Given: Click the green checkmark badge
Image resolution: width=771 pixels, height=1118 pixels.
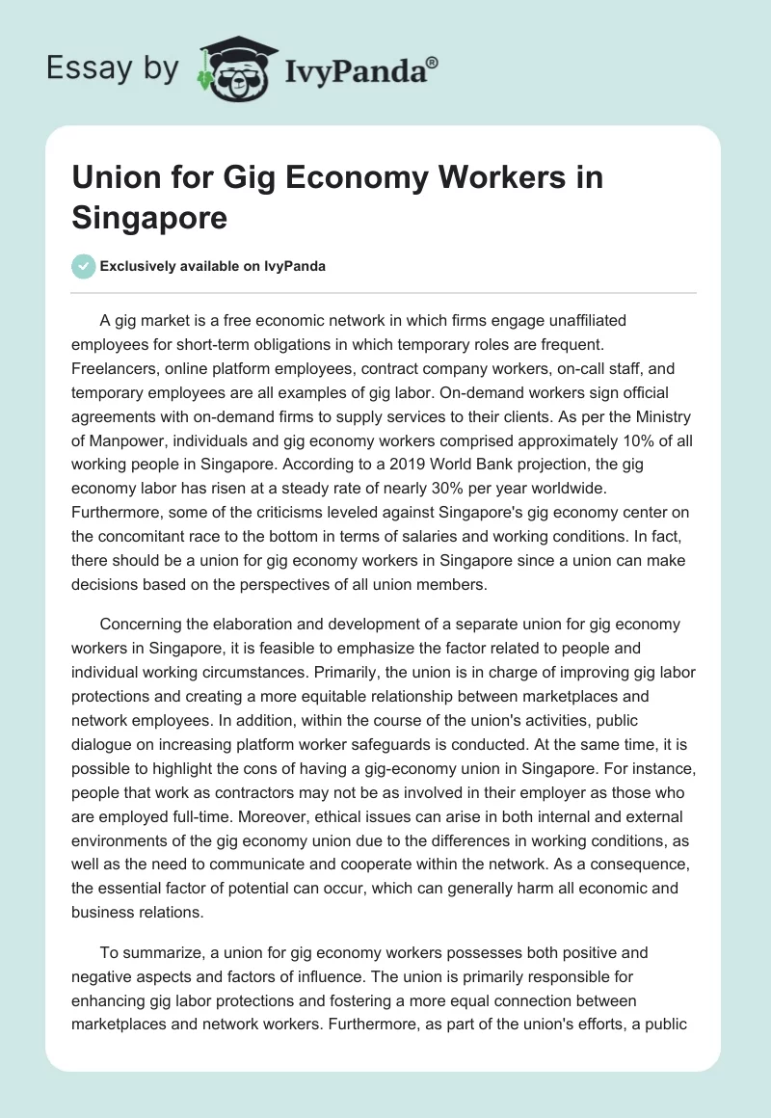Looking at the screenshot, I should click(84, 266).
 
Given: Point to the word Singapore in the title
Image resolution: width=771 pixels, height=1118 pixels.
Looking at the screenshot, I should click(149, 216).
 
